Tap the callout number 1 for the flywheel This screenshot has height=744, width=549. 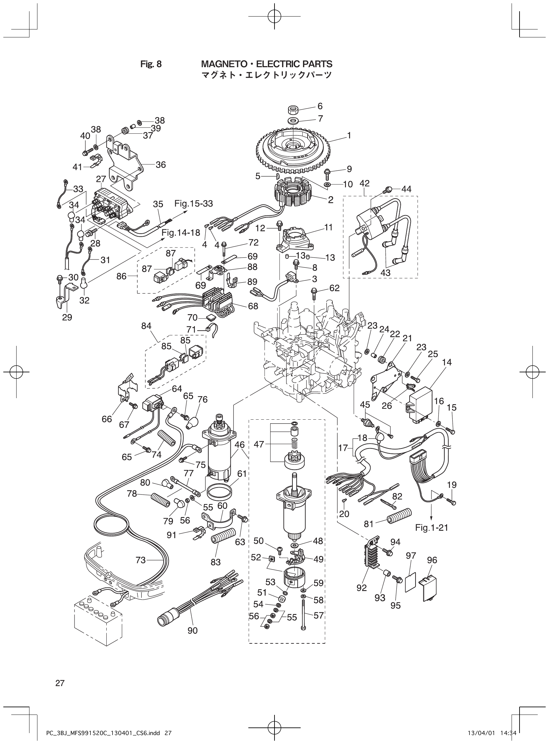349,135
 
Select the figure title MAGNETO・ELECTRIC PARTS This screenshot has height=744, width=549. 267,64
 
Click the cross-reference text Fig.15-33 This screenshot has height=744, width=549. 193,204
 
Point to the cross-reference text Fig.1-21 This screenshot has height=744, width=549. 431,527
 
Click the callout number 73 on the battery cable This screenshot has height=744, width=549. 141,560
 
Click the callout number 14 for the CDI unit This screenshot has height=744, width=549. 447,362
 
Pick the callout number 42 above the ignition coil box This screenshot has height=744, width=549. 364,183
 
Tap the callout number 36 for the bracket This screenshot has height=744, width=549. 161,165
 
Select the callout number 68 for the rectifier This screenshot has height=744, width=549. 253,306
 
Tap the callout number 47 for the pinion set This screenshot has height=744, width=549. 259,444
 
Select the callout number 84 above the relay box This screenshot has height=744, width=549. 146,326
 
